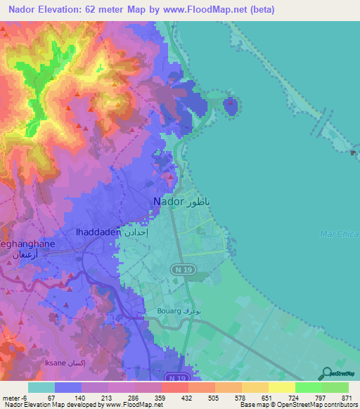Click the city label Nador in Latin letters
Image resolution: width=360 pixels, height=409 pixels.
point(167,202)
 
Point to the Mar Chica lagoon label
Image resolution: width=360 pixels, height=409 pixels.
point(340,233)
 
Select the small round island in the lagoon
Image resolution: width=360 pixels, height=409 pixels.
point(231,106)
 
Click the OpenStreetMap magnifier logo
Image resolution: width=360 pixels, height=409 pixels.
point(326,373)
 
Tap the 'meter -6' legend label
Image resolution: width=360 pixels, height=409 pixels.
point(16,397)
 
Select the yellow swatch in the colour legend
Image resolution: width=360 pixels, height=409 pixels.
point(282,387)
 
